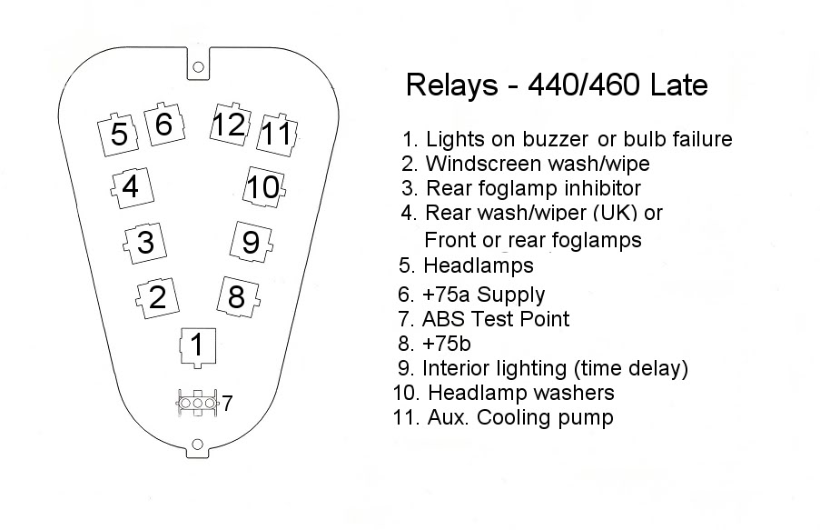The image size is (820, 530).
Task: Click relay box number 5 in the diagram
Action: coord(118,135)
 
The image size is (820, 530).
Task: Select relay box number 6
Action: coord(164,125)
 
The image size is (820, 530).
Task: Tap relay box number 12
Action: coord(230,125)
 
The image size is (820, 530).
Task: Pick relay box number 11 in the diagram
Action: coord(277,134)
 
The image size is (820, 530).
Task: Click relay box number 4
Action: coord(133,187)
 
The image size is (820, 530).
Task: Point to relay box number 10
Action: coord(264,187)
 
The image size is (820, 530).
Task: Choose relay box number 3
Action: coord(145,243)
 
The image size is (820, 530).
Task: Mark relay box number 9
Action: coord(252,242)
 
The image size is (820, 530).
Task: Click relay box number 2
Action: coord(157,298)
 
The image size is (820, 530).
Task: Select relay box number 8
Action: coord(239,297)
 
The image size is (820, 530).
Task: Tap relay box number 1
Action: coord(198,347)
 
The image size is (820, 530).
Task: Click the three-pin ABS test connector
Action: coord(197,404)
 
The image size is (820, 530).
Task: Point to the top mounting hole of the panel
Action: coord(198,67)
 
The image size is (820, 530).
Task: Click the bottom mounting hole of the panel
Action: coord(197,445)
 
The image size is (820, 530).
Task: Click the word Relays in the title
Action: coord(452,85)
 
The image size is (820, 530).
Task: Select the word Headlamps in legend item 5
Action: coord(479,265)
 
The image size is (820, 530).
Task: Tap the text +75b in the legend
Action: coord(446,344)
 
